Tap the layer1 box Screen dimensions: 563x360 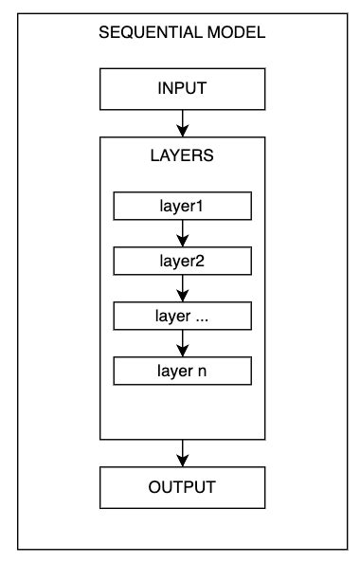click(182, 206)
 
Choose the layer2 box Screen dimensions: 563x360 click(182, 260)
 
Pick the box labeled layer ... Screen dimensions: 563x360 click(182, 315)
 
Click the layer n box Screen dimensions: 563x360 click(182, 370)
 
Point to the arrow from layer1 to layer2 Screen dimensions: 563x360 click(182, 232)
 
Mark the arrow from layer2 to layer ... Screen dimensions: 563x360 click(182, 287)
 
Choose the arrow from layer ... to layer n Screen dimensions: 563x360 click(182, 342)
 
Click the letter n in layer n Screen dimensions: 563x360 click(202, 371)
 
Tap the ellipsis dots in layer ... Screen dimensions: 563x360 click(200, 317)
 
